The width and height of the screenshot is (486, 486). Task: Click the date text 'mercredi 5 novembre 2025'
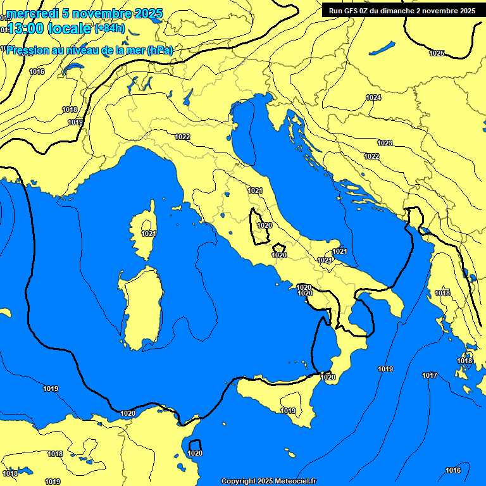tap(84, 13)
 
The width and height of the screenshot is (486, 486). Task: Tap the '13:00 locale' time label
tap(49, 28)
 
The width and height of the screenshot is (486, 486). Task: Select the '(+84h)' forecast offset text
tap(109, 29)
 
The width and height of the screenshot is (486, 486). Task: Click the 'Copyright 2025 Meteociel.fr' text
tap(268, 481)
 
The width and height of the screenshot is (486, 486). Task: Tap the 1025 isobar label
tap(437, 53)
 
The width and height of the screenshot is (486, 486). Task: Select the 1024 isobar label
tap(373, 97)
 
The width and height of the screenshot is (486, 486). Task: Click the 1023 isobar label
tap(384, 143)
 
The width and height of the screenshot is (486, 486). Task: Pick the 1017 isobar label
tap(430, 375)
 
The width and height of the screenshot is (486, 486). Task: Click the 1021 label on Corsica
tap(149, 234)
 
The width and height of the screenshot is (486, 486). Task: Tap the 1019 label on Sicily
tap(288, 411)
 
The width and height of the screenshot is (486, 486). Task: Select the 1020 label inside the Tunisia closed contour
tap(195, 453)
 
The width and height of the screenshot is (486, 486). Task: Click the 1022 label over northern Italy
tap(182, 137)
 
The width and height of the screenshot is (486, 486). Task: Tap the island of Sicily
tap(278, 399)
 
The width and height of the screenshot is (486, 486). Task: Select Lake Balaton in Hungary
tap(382, 48)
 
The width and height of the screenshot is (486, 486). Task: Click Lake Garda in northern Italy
tap(188, 97)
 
